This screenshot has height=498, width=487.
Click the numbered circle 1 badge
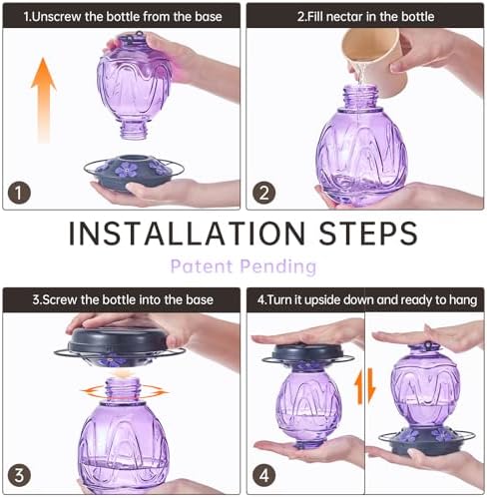click(19, 193)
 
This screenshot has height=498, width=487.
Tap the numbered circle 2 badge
click(263, 193)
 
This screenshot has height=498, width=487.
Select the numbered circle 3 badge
click(19, 475)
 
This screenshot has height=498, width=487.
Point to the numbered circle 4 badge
click(263, 475)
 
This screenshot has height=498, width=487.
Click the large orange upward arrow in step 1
click(43, 101)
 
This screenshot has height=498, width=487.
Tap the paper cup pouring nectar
click(375, 60)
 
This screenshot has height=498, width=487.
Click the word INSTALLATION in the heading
click(187, 234)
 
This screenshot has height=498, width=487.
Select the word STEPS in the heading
click(368, 234)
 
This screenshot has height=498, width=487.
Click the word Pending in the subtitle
click(278, 266)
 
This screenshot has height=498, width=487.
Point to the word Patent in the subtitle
click(202, 266)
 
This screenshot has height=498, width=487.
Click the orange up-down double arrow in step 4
click(364, 386)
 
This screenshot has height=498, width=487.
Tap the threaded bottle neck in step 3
click(123, 390)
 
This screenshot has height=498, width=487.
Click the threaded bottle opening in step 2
click(360, 97)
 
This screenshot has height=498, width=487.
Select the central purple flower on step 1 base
click(126, 170)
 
